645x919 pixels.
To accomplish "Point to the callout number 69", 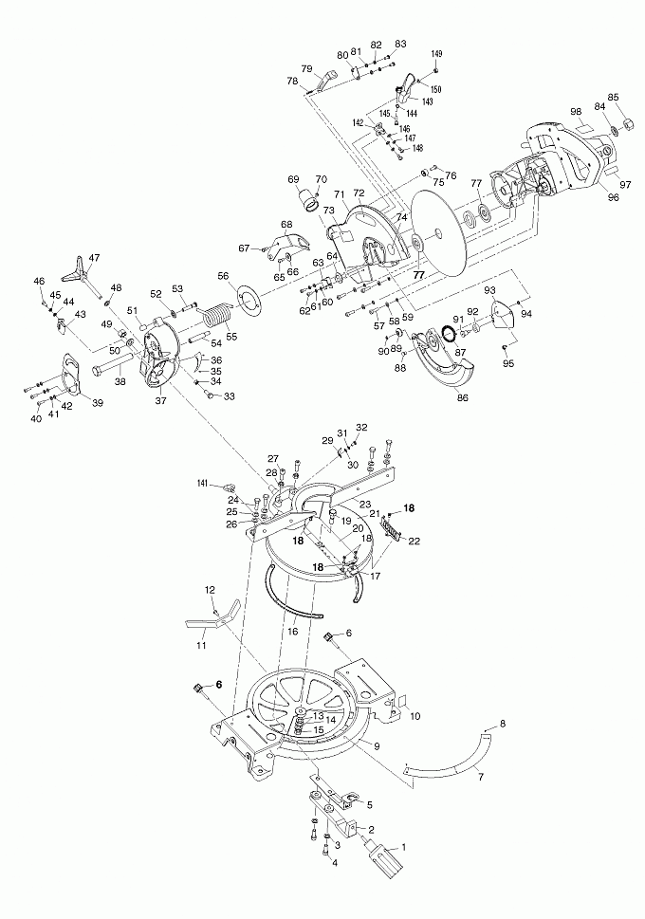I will (293, 179).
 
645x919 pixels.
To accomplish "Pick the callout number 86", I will (463, 399).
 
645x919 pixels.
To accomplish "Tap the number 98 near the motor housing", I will (575, 112).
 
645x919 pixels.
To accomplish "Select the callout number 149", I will (436, 54).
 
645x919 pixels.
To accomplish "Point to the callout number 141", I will (202, 484).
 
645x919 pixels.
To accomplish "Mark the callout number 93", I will (490, 289).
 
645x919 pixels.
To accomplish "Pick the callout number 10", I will (414, 714).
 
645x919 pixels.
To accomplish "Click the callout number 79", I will (306, 68).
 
